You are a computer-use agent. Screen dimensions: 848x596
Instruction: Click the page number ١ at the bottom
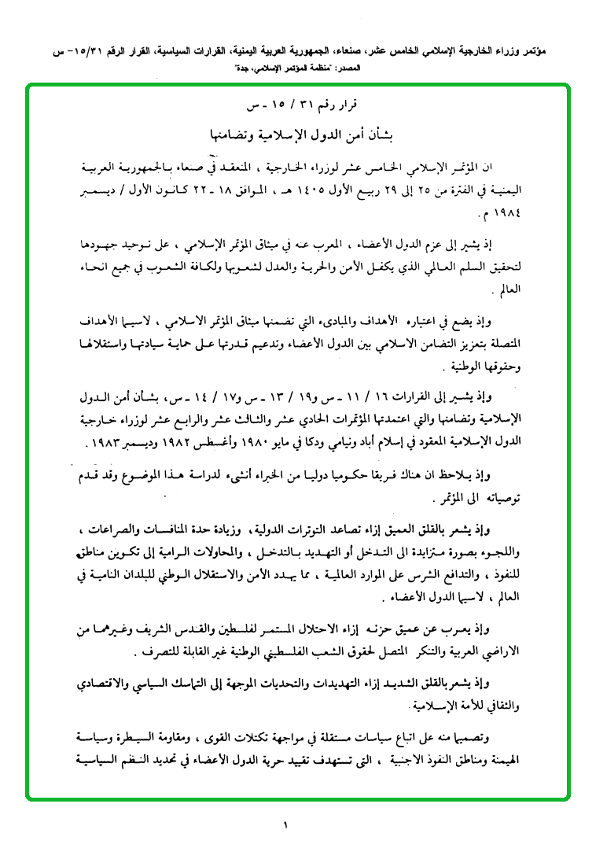point(286,825)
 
